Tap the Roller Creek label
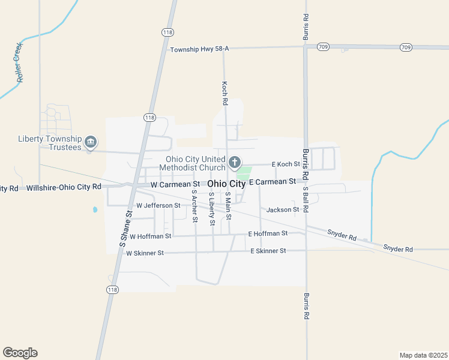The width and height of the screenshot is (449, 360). tap(20, 62)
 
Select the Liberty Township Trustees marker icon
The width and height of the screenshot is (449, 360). tap(91, 142)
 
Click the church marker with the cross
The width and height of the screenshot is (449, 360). tap(235, 162)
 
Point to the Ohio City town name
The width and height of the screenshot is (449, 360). tap(226, 184)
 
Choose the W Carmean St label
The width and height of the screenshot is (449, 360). tap(175, 184)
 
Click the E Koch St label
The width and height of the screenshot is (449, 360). tap(286, 164)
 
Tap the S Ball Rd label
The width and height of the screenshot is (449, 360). tap(306, 200)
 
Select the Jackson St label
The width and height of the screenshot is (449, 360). tap(283, 209)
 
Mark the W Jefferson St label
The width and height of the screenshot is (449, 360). tap(158, 205)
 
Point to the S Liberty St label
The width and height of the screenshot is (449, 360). tap(211, 209)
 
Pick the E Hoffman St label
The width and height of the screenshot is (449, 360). tap(268, 233)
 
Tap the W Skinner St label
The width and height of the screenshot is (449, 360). tap(145, 253)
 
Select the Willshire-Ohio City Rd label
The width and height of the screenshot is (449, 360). tap(64, 188)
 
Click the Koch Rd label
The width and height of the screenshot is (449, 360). tap(224, 94)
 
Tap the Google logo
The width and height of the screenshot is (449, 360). tap(20, 353)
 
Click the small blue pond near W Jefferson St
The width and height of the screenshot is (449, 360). tap(95, 210)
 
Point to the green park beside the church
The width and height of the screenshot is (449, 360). tap(243, 173)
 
